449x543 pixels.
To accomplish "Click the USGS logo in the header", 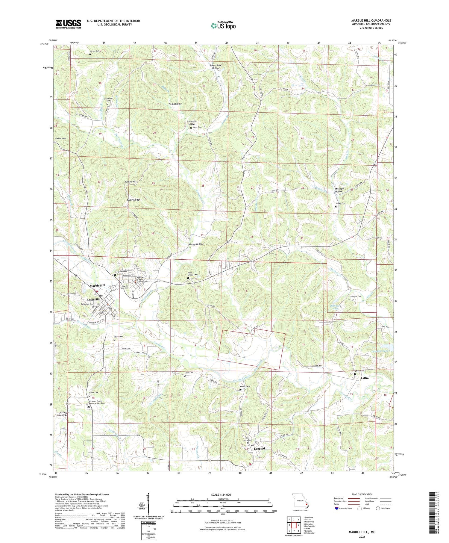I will [x=68, y=24].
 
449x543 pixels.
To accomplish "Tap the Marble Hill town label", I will [x=97, y=285].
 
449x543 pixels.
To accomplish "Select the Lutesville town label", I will [x=94, y=299].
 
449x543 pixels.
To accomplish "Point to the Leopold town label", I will [x=259, y=449].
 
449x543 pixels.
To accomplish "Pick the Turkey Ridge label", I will [x=134, y=200].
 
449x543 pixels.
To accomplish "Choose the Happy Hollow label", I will [x=196, y=244].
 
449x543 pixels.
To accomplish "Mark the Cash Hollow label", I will [x=175, y=104].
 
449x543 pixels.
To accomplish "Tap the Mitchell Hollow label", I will [x=339, y=190].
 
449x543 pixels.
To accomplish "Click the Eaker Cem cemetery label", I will [x=189, y=373].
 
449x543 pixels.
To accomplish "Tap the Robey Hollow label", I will [x=63, y=414].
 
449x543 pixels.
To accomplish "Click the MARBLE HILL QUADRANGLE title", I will [x=371, y=20].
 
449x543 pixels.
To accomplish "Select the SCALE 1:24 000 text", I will [x=221, y=494].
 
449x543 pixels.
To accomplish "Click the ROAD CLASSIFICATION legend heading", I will [x=362, y=494].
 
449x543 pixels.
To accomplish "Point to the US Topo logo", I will [x=223, y=25].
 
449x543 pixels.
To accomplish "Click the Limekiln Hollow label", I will [x=192, y=122].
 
